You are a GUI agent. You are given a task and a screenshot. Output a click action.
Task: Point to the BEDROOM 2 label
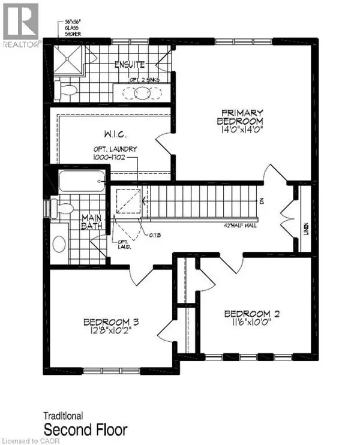click(x=252, y=314)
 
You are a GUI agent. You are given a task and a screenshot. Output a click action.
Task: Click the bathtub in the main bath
click(x=82, y=181)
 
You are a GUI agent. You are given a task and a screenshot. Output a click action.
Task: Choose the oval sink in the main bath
click(x=59, y=243)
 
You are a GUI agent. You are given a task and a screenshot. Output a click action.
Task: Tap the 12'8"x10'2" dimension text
click(x=107, y=330)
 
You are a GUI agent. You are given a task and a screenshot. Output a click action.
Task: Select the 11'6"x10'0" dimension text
click(x=252, y=323)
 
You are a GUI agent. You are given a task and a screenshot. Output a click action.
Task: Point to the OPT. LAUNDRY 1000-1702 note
click(x=116, y=152)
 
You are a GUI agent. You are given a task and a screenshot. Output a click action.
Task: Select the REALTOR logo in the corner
click(x=21, y=24)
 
